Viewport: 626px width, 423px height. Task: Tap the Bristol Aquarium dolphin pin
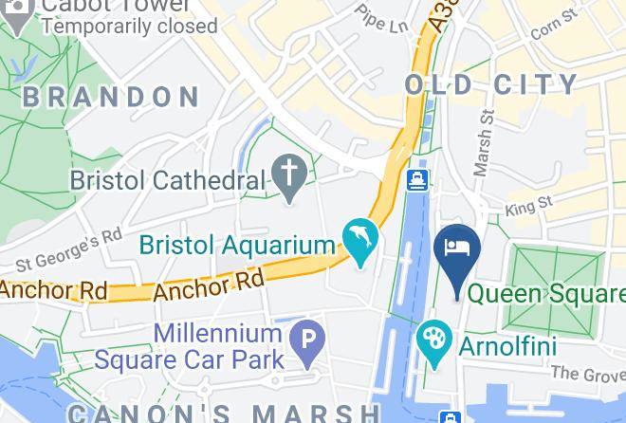tap(360, 239)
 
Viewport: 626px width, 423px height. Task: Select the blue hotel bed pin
tap(457, 249)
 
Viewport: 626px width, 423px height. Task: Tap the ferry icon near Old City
tap(416, 180)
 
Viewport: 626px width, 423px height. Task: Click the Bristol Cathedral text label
tap(168, 179)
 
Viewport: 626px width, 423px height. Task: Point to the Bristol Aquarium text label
tap(237, 245)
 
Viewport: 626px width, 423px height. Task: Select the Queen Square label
tap(547, 293)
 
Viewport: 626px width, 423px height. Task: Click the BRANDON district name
tap(111, 97)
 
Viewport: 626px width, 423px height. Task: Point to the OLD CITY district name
tap(490, 84)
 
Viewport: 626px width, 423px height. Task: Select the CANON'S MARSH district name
tap(223, 413)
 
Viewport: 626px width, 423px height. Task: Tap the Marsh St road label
tap(485, 142)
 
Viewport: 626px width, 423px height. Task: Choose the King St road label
tap(529, 205)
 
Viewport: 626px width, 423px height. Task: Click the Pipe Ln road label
tap(381, 17)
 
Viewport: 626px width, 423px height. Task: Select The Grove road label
tap(588, 376)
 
